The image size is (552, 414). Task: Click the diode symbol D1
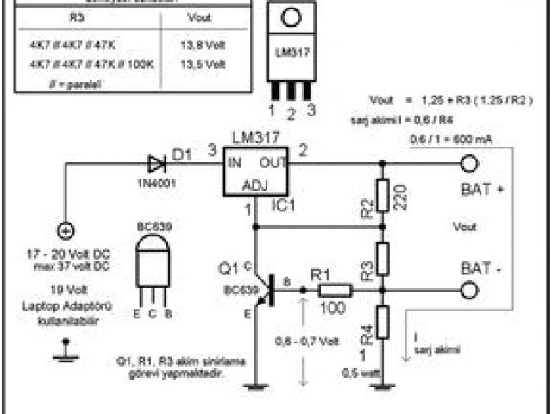point(156,163)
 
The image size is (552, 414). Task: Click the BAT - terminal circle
point(470,291)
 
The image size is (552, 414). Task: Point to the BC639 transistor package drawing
point(153,263)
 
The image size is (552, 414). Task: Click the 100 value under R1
point(335,307)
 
